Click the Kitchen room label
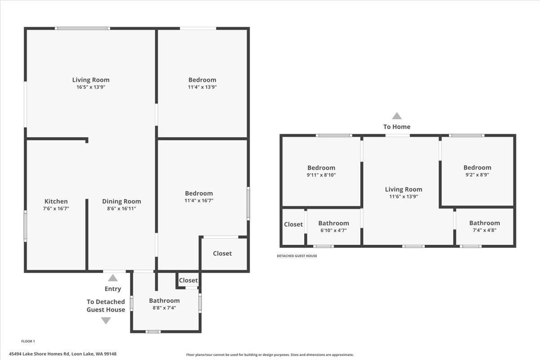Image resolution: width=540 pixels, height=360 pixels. pyautogui.click(x=56, y=201)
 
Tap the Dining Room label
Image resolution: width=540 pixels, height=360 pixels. pyautogui.click(x=121, y=201)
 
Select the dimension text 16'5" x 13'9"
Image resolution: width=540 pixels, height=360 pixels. pyautogui.click(x=91, y=87)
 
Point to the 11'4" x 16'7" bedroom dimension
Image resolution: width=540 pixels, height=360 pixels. pyautogui.click(x=199, y=200)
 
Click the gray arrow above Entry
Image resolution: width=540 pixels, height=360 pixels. pyautogui.click(x=113, y=278)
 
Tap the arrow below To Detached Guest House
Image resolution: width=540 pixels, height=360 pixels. pyautogui.click(x=106, y=320)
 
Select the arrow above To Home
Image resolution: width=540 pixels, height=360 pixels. pyautogui.click(x=397, y=116)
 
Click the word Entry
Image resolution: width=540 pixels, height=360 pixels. pyautogui.click(x=113, y=288)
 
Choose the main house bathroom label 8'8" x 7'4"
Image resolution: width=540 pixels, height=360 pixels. pyautogui.click(x=164, y=308)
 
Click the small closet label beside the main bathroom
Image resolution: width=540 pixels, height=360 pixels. pyautogui.click(x=188, y=280)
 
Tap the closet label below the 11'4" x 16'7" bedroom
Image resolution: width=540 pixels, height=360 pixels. pyautogui.click(x=222, y=253)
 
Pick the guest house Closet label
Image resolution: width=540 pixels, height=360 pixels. pyautogui.click(x=293, y=224)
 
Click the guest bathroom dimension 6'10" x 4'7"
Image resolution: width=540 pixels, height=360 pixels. pyautogui.click(x=333, y=230)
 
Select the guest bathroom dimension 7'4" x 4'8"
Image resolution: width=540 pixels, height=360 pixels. pyautogui.click(x=485, y=230)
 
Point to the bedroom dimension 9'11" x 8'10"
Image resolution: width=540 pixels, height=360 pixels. pyautogui.click(x=321, y=175)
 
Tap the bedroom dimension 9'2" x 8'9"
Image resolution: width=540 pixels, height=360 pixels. pyautogui.click(x=477, y=175)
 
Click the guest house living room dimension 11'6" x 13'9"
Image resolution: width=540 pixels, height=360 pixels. pyautogui.click(x=404, y=196)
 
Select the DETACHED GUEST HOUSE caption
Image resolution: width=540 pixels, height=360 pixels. pyautogui.click(x=297, y=256)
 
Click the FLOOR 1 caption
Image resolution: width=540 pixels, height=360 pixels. pyautogui.click(x=28, y=341)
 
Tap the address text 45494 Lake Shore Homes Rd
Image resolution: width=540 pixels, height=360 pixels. pyautogui.click(x=39, y=354)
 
